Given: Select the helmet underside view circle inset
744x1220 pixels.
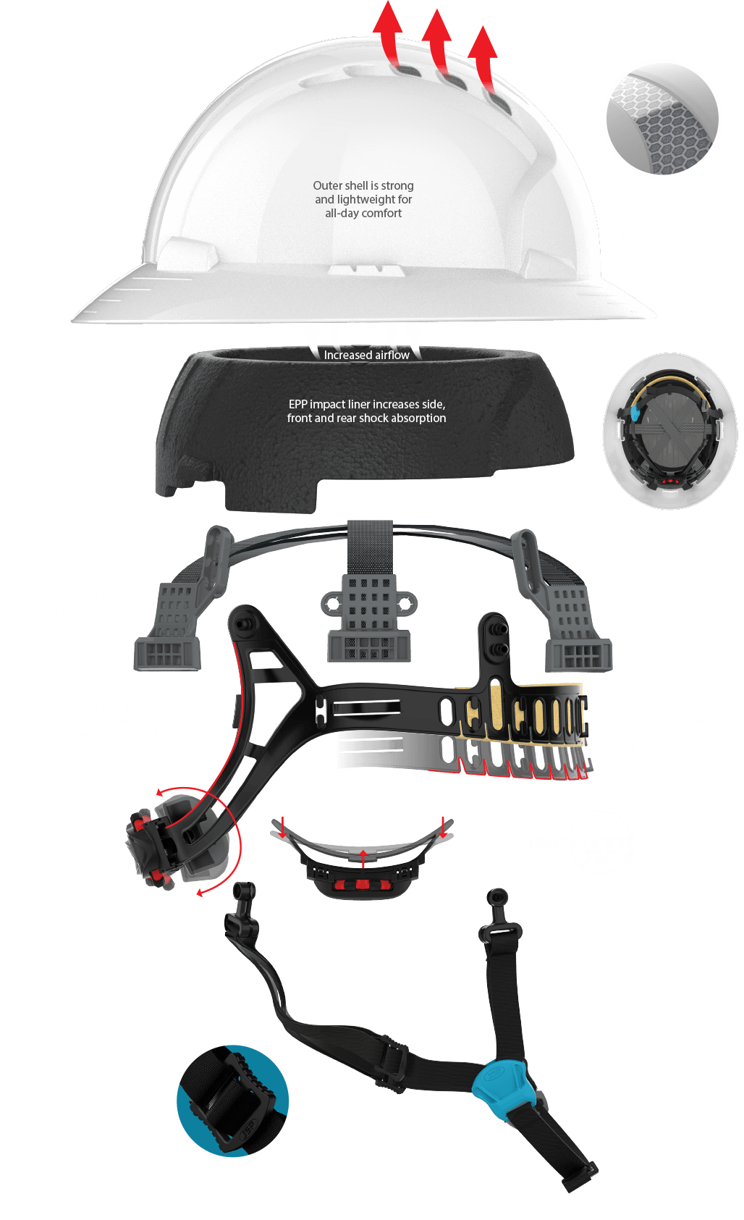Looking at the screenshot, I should pos(662,432).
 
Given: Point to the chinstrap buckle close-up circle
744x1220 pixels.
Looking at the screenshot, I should pos(232,1101).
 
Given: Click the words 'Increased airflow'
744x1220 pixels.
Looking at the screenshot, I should pos(366,355).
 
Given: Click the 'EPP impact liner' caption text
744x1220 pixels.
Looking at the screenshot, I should pos(366,411).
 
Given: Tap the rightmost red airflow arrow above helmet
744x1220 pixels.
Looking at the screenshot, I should pos(483,54).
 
